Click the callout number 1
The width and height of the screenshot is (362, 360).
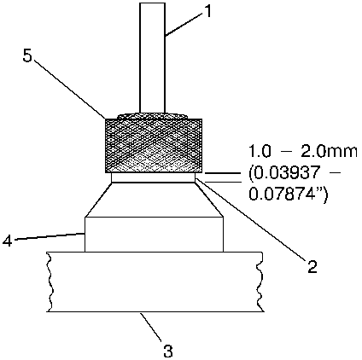pos(208,12)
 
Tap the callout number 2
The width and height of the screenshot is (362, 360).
pos(312,266)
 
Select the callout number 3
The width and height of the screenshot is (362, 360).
pos(168,351)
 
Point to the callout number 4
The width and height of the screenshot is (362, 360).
pos(7,241)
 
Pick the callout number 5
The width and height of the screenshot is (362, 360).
pos(27,56)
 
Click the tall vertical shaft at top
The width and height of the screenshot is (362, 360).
pos(152,58)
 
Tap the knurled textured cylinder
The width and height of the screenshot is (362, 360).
pos(154,145)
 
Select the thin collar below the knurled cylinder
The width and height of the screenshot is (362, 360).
pos(154,177)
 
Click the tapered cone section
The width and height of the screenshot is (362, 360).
pos(154,200)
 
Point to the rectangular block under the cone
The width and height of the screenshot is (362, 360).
pos(154,235)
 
